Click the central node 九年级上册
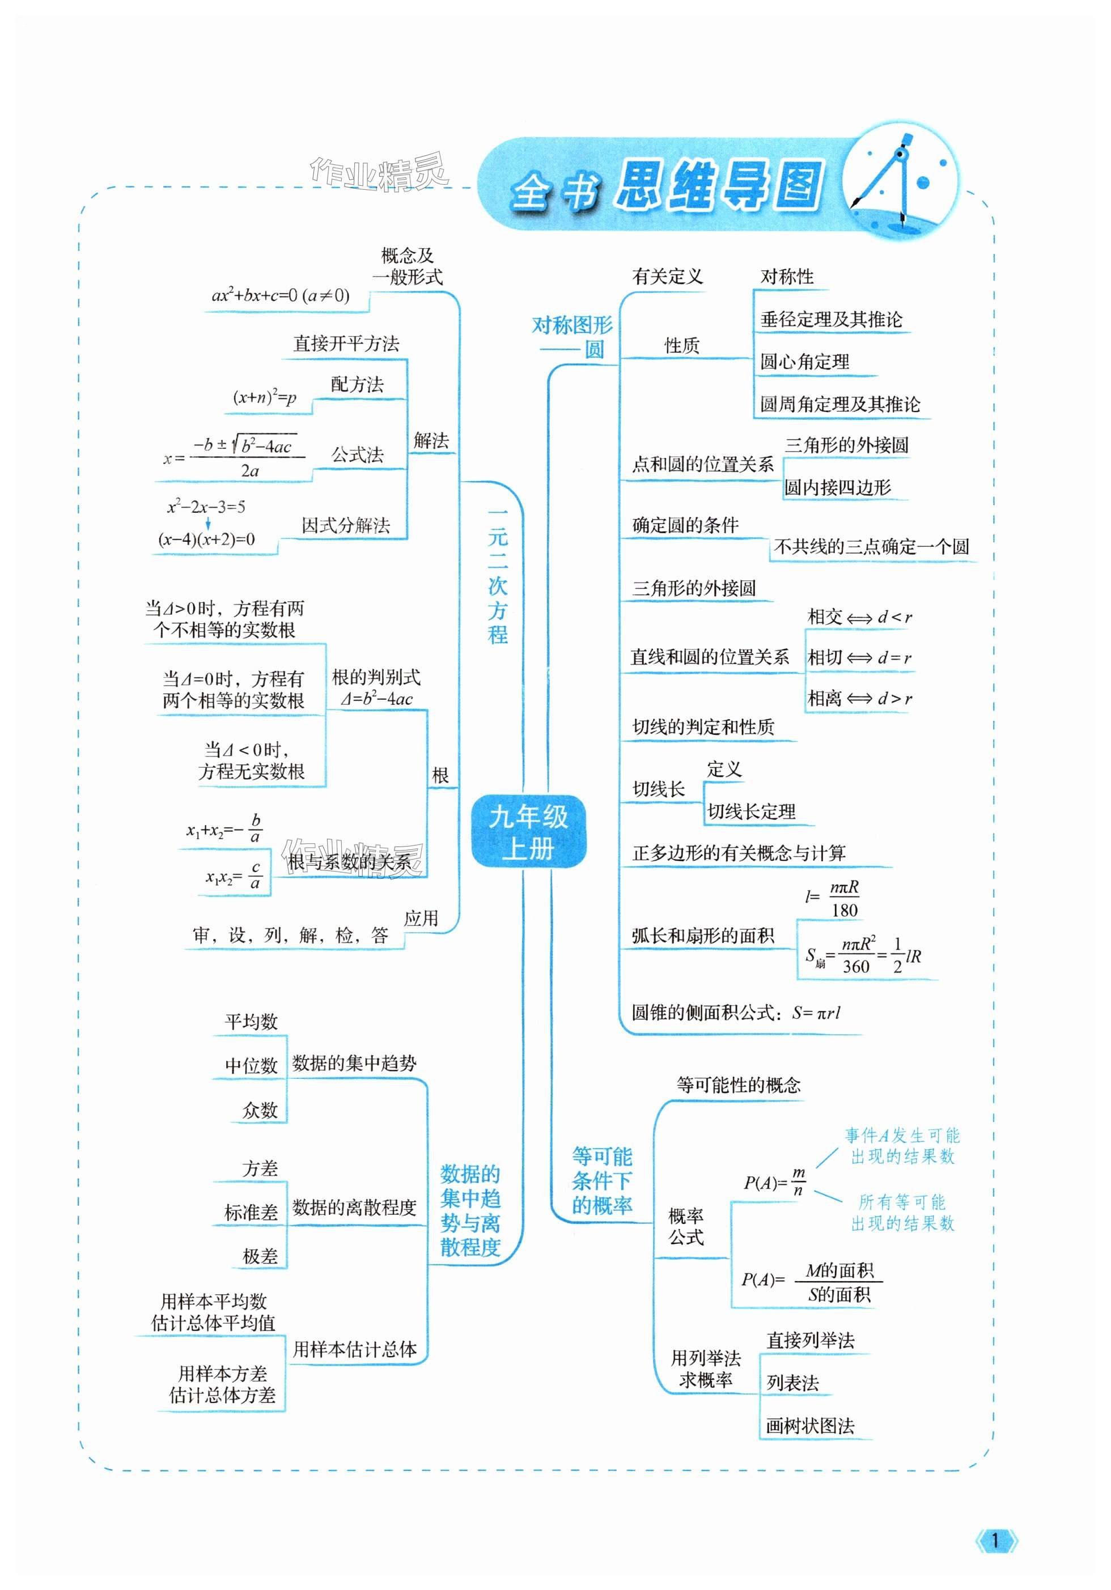(x=528, y=832)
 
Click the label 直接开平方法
(x=346, y=343)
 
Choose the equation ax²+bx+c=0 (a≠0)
(x=280, y=296)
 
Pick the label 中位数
(x=251, y=1065)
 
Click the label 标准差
(x=251, y=1212)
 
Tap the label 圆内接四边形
(x=837, y=487)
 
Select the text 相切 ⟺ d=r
(x=859, y=657)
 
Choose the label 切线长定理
(x=751, y=811)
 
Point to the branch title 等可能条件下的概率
(x=601, y=1181)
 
